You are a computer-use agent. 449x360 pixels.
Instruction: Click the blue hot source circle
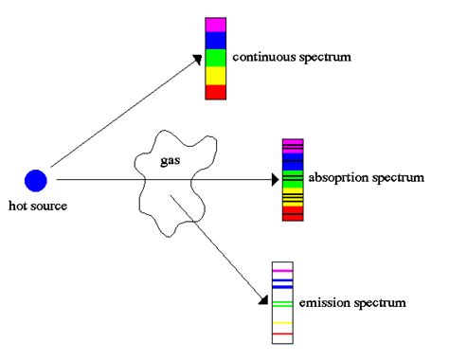(x=36, y=179)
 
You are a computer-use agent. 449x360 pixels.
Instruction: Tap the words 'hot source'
(x=36, y=206)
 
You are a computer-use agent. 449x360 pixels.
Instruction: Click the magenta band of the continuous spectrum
(x=216, y=25)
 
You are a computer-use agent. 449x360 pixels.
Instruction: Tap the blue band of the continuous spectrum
(x=216, y=41)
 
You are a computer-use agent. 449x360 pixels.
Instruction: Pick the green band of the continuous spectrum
(x=216, y=58)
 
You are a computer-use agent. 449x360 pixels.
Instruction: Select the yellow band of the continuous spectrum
(x=216, y=75)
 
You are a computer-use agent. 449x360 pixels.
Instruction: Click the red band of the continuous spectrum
(x=216, y=92)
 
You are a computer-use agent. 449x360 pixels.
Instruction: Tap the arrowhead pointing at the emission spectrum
(x=261, y=301)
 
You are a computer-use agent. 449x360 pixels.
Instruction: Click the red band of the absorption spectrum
(x=293, y=216)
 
